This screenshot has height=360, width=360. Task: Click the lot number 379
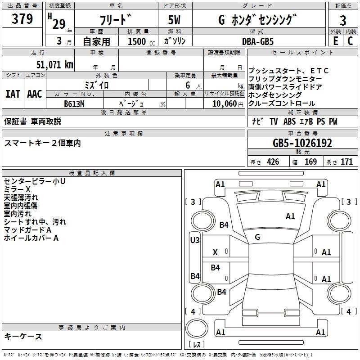tap(22, 19)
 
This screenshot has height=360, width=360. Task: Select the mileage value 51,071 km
tap(54, 64)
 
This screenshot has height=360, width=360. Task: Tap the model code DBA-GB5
tap(258, 41)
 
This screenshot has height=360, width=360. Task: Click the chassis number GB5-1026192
tap(302, 143)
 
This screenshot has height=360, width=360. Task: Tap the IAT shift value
tap(13, 94)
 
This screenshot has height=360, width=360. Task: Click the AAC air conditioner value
tap(35, 94)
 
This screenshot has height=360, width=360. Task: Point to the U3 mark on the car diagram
tap(195, 240)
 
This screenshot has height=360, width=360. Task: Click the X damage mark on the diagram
tap(215, 253)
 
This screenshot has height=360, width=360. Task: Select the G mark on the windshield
tap(257, 237)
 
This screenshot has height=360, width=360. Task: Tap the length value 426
tap(273, 162)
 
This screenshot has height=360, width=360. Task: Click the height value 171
tap(346, 162)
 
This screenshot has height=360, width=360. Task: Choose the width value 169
tap(310, 162)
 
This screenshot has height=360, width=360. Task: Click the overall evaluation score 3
tap(343, 20)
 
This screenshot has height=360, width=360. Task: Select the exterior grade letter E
tap(335, 41)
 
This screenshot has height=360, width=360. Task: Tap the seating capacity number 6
tap(186, 85)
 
